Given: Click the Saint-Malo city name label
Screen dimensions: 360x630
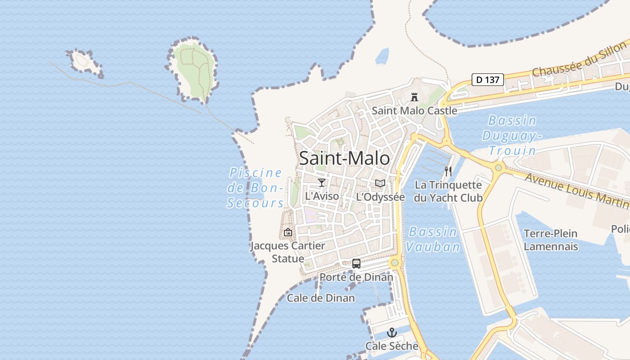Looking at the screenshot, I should click(x=344, y=158).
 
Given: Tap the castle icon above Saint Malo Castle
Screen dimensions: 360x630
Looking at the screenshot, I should click(x=414, y=97).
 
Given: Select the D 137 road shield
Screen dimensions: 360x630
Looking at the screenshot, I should click(x=487, y=80).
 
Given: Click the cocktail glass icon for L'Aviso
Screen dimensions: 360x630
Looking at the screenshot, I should click(x=322, y=182).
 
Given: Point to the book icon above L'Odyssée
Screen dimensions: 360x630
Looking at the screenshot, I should click(x=380, y=183).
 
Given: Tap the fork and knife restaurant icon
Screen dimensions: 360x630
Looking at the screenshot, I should click(x=448, y=171).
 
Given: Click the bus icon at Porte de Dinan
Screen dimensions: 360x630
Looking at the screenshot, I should click(x=356, y=264).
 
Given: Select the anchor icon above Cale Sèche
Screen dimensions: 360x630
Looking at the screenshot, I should click(x=392, y=333).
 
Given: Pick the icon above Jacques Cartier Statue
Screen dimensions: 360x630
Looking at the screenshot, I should click(x=288, y=232).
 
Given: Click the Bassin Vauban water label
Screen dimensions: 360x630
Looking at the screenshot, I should click(x=433, y=239).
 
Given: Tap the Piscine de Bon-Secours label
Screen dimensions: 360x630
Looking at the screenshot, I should click(x=256, y=188).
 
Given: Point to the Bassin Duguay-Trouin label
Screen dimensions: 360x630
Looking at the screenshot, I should click(x=512, y=135).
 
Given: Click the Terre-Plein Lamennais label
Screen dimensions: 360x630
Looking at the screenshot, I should click(x=550, y=240).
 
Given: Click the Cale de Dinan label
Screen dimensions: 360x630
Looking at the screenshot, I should click(x=321, y=298).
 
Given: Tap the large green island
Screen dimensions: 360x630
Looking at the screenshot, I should click(x=193, y=70).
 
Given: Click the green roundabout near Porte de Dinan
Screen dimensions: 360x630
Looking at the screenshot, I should click(x=395, y=262).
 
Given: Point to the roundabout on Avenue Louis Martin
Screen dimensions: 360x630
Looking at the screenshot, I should click(x=498, y=168).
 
